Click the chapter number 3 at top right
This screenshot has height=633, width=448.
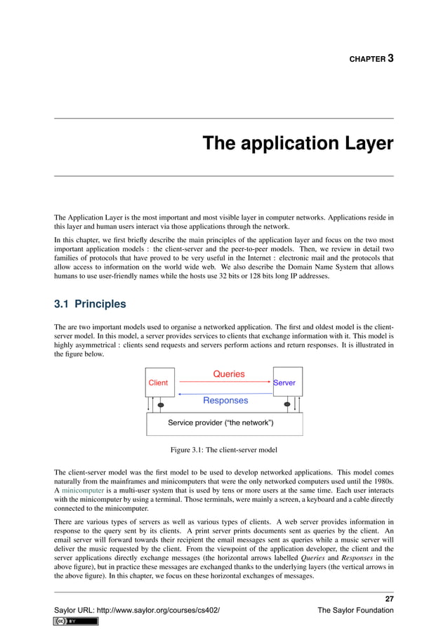click(390, 58)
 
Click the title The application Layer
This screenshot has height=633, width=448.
click(298, 143)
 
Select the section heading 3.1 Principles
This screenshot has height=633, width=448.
click(90, 305)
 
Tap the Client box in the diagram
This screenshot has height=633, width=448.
click(159, 382)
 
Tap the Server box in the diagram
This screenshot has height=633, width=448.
click(287, 382)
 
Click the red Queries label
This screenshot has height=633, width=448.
click(229, 374)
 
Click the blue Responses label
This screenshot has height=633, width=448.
click(225, 401)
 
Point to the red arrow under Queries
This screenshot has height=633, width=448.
click(225, 383)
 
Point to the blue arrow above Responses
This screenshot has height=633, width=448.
click(225, 394)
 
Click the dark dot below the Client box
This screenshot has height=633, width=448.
click(162, 405)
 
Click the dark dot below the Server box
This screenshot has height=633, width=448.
click(286, 405)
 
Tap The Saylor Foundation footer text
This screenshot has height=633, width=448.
click(355, 611)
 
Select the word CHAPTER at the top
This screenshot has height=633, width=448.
click(367, 60)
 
